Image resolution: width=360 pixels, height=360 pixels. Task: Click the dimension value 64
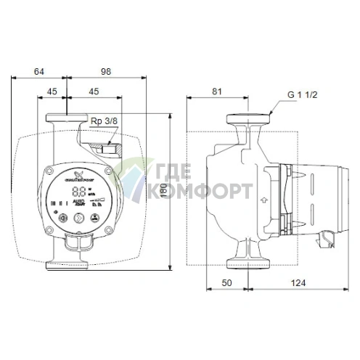[39, 71]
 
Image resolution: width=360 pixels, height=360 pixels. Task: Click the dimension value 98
[105, 71]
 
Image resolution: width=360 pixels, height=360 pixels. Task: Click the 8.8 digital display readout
[79, 194]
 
